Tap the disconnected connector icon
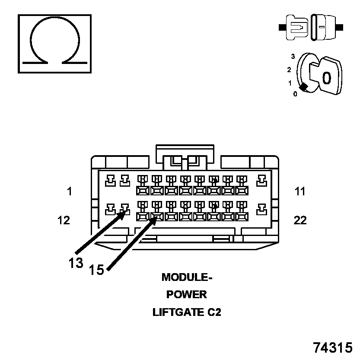point(311,27)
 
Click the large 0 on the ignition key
point(327,78)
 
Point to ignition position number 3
point(293,57)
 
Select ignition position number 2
point(289,70)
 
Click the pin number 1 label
point(70,191)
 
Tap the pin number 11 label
point(300,191)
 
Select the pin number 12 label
point(64,220)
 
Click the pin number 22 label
point(300,220)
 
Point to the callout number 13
point(76,263)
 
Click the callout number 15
point(97,270)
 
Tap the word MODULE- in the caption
point(187,277)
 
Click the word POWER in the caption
point(187,295)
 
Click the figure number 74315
point(333,347)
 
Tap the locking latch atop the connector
point(185,158)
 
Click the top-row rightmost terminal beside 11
point(261,181)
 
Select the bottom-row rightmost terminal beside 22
point(261,210)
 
